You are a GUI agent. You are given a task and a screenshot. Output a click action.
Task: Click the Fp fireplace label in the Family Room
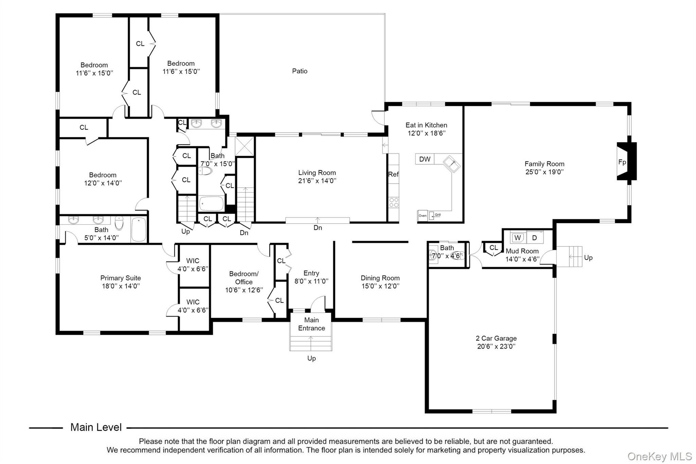pos(622,162)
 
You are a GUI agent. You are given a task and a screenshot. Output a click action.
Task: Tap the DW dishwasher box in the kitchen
pos(424,159)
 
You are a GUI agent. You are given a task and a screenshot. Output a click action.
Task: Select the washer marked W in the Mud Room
pos(518,238)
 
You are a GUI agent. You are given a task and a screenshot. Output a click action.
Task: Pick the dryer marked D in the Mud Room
pos(535,238)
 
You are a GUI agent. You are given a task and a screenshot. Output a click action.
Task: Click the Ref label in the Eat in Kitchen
pos(393,174)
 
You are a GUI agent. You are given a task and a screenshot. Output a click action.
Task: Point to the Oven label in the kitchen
pos(422,216)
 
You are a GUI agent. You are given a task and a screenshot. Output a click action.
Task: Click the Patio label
pos(300,71)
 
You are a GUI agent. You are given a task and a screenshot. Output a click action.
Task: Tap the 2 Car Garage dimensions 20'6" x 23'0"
pos(496,346)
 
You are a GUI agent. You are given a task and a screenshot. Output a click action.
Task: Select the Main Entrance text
pos(312,324)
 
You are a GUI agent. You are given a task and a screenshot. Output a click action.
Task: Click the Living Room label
pos(317,173)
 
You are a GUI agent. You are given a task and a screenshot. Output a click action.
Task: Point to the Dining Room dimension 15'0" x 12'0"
pos(380,286)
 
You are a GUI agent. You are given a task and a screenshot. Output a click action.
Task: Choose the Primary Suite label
pos(121,278)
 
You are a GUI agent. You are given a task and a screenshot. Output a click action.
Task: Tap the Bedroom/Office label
pos(244,278)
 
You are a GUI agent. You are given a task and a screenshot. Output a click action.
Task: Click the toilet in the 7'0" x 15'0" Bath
pos(205,171)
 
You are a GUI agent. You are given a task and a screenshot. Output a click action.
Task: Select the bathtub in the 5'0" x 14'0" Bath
pos(138,229)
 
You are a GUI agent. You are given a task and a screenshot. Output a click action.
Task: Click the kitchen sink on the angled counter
pos(452,164)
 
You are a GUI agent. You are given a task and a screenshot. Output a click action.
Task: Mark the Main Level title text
pos(96,427)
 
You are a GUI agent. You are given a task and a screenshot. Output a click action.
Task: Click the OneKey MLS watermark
pos(660,456)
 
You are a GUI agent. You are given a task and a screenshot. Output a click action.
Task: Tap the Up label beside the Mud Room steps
pos(588,258)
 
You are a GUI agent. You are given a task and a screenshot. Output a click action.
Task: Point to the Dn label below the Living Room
pos(318,228)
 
